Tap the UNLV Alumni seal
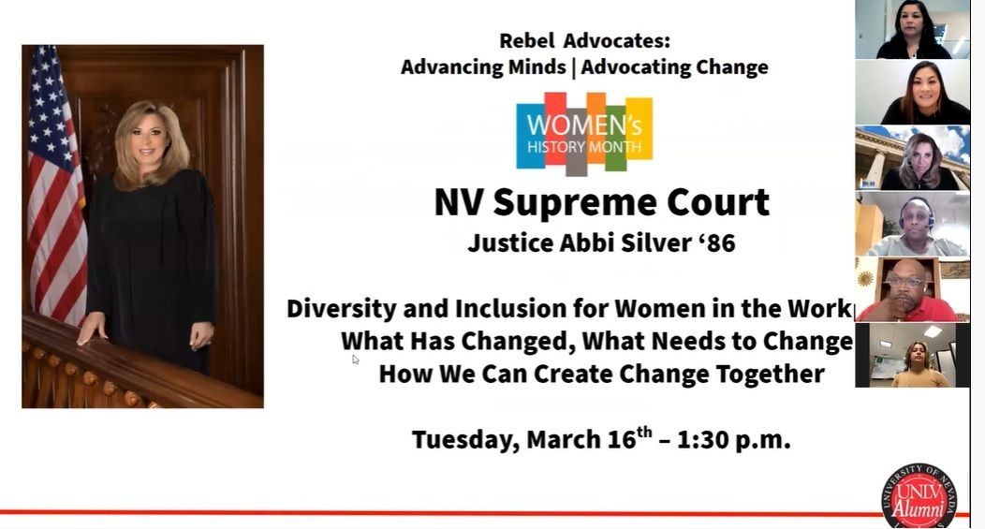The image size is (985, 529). (x=919, y=497)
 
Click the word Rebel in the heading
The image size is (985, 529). (x=526, y=41)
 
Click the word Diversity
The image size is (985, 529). (x=341, y=309)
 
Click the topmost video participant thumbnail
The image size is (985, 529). (x=912, y=30)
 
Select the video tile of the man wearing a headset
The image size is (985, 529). (x=912, y=224)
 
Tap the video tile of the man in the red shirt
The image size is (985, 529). (x=912, y=289)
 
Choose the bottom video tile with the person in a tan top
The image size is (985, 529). (x=912, y=355)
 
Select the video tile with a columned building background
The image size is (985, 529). (x=912, y=158)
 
